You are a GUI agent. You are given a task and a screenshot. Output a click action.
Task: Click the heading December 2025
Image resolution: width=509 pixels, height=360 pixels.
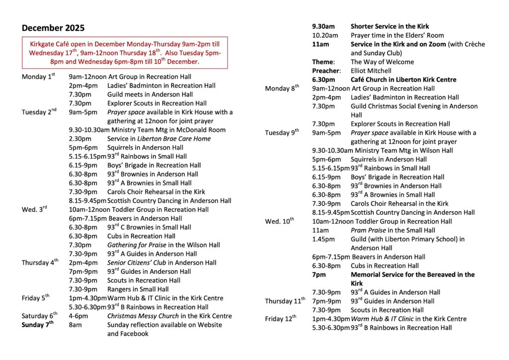coord(53,28)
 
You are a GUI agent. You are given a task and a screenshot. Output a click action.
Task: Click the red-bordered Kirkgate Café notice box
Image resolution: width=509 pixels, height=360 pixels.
coord(125,52)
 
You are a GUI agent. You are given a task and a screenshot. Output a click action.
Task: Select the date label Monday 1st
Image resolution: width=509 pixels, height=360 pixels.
coord(38,77)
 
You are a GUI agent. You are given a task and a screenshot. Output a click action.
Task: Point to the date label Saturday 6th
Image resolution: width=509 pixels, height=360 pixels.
coord(40,316)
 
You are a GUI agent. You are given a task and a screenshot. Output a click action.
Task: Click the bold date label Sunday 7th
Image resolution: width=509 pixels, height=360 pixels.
coord(37,325)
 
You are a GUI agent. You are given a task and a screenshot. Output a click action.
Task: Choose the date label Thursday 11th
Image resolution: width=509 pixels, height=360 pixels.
coord(285,301)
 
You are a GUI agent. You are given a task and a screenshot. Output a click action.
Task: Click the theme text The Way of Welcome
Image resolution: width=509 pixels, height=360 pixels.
coord(382,62)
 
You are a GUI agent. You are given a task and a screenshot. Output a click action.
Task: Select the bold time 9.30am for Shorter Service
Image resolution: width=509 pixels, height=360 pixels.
coord(323,26)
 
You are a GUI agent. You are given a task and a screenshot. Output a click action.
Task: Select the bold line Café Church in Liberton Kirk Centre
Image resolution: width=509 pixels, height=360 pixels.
coord(403,80)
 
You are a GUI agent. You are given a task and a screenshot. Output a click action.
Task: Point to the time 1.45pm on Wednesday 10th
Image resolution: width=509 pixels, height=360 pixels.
coord(322,239)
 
